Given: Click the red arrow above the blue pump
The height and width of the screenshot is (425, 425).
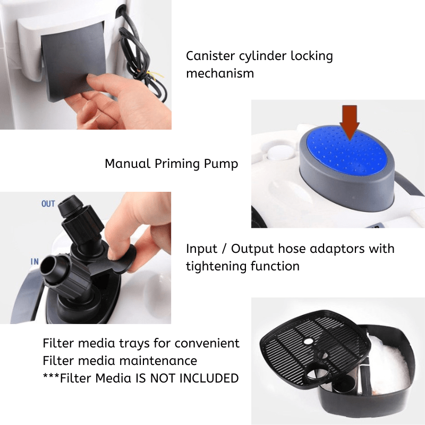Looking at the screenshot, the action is coord(350,122).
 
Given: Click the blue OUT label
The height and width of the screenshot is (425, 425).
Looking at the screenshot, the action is coord(48,203).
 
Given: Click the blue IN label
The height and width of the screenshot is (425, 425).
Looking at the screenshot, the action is coord(35,261).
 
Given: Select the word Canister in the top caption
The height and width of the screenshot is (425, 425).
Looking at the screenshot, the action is coord(210,56).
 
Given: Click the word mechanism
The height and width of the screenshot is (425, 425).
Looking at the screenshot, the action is coord(220,73).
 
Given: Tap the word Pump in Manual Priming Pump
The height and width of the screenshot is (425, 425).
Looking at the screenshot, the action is coord(221,164).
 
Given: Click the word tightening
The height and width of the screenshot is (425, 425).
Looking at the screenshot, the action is coord(216,267).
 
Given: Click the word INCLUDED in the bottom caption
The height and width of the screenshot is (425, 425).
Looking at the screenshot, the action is coord(209,378).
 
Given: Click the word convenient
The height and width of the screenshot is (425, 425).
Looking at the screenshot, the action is coord(207,343).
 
